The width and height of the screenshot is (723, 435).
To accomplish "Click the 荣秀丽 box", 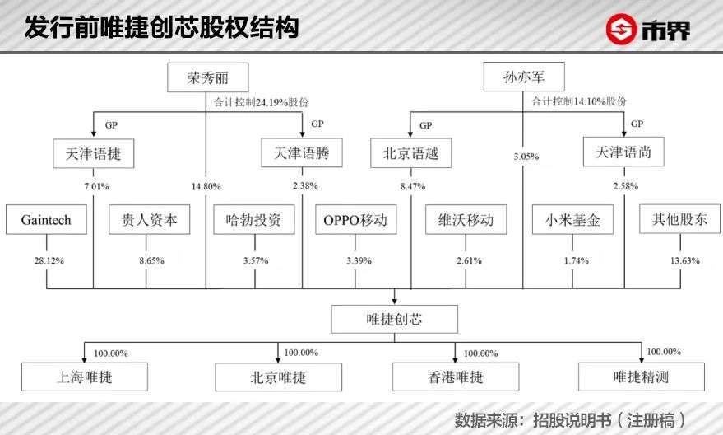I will point(207,78).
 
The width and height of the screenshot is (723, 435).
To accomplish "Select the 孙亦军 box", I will point(523,78).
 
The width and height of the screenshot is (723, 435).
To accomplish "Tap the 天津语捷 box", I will point(93,152).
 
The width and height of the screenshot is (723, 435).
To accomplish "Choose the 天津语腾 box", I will point(302,152).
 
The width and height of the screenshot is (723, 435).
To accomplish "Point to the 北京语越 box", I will point(410,152).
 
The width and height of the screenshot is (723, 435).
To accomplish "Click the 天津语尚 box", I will point(623,152).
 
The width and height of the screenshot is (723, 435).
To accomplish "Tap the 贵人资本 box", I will point(150,220).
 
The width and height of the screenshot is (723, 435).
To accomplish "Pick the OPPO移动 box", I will point(355,220).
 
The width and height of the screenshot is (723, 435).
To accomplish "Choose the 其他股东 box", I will point(679,220).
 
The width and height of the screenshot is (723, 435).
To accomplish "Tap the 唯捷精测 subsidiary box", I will point(641,377).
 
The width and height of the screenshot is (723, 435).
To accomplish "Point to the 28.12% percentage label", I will point(48,260).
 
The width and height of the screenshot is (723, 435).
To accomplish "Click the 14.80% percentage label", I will point(206,185).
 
